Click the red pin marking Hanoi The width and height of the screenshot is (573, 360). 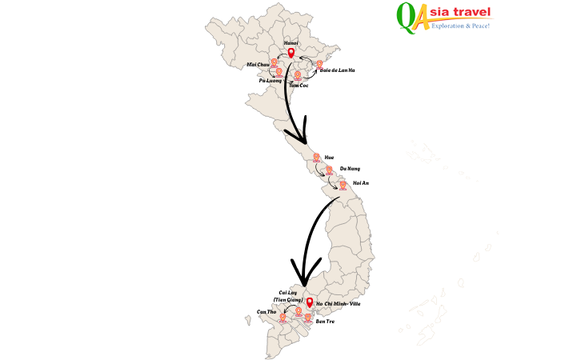tap(291, 54)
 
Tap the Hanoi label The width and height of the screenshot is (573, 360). tap(291, 43)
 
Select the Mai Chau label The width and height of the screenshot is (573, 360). tap(258, 63)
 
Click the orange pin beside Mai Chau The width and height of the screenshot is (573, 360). tap(273, 62)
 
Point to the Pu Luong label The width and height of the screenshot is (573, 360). tap(269, 81)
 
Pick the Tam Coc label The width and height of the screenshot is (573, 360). tap(299, 85)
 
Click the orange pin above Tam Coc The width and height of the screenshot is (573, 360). tap(298, 75)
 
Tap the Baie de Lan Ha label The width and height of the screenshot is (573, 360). tap(337, 70)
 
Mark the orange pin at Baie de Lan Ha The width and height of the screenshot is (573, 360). tap(319, 64)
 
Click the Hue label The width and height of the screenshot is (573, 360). tap(329, 158)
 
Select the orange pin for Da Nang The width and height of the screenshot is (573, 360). tap(329, 170)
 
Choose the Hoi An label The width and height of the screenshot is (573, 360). tap(360, 184)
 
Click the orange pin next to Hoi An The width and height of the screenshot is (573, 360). tap(343, 186)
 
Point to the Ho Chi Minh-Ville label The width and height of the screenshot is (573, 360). tap(339, 304)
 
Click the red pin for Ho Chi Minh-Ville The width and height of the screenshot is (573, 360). tap(310, 303)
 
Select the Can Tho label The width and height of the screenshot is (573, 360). tap(266, 311)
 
